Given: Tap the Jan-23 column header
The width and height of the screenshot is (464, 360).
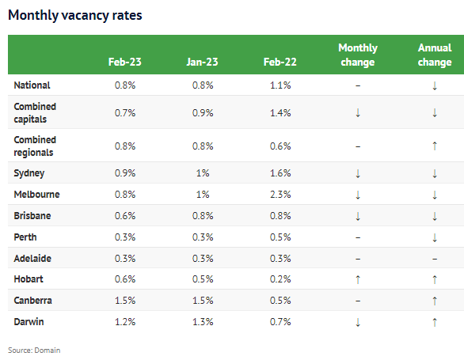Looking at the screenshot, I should (x=202, y=63).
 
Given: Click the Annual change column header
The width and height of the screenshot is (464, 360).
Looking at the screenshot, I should (x=435, y=55).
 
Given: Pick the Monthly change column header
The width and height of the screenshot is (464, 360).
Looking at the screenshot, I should (x=358, y=55).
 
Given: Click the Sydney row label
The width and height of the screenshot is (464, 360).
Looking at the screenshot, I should (x=29, y=172).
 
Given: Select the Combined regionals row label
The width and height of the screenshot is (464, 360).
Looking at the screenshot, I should (x=35, y=145).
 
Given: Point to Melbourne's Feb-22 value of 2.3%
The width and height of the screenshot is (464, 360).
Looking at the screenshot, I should (x=280, y=194).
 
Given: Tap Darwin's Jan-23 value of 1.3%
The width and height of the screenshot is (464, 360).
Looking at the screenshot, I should (x=202, y=322).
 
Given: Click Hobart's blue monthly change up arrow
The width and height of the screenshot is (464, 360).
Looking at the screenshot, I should (x=358, y=279).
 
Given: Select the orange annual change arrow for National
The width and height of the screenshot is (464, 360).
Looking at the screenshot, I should (x=435, y=85).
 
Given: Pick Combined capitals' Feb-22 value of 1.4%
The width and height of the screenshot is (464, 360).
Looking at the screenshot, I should (x=280, y=112).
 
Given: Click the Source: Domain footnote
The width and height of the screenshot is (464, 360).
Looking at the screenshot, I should (x=34, y=350).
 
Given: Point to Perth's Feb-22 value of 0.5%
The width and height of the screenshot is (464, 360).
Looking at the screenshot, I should (x=280, y=237).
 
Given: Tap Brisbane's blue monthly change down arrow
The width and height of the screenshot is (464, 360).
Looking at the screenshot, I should (x=358, y=215).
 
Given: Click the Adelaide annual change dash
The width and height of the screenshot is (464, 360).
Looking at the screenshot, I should (x=435, y=258).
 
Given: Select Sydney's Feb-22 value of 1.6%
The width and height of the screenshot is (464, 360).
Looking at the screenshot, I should (x=280, y=172).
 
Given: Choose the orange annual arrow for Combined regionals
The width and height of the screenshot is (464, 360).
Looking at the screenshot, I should (x=435, y=146).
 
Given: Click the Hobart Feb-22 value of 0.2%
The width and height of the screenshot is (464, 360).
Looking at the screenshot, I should (x=280, y=279).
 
